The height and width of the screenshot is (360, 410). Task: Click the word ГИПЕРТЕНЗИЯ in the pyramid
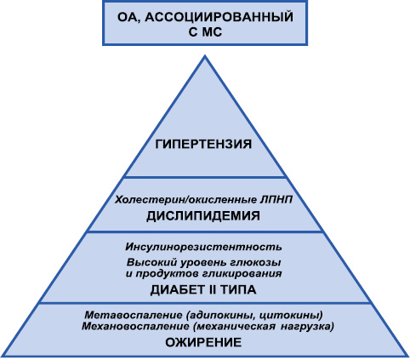203,144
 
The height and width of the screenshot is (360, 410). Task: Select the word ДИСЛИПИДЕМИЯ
203,216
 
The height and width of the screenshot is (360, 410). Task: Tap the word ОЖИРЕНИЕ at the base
203,342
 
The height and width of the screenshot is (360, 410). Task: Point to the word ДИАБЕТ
179,290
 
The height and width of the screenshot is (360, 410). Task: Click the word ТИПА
238,290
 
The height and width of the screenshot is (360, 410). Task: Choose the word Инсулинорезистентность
203,247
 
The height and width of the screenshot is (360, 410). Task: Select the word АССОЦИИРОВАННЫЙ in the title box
220,18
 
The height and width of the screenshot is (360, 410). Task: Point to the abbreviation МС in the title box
212,32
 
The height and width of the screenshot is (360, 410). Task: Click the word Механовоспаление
135,327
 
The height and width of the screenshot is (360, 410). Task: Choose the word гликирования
242,274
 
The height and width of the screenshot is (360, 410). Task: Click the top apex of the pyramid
205,55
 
